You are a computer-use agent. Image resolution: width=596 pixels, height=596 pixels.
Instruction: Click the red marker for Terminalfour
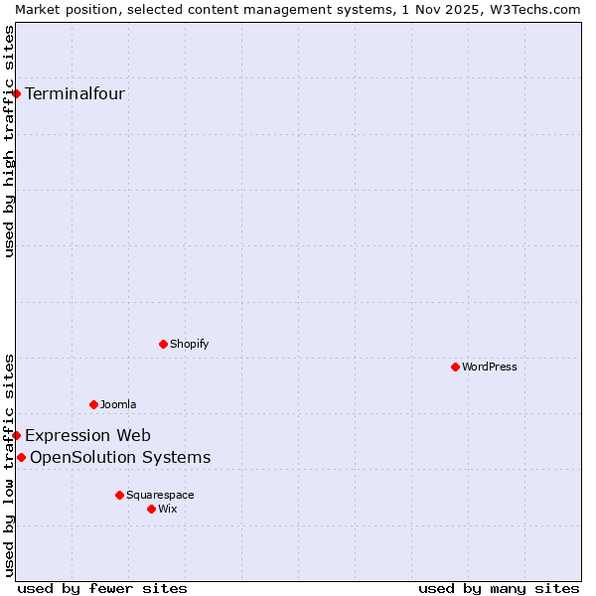pyautogui.click(x=17, y=93)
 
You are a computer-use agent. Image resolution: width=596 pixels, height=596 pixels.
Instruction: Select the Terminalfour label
pyautogui.click(x=74, y=94)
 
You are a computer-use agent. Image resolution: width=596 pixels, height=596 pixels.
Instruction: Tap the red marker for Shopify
pyautogui.click(x=163, y=344)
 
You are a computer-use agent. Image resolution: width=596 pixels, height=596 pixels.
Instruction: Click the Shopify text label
pyautogui.click(x=189, y=344)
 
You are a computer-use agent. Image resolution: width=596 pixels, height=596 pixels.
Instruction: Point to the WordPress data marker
pyautogui.click(x=455, y=367)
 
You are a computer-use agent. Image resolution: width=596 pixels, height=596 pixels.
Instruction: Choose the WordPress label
pyautogui.click(x=489, y=367)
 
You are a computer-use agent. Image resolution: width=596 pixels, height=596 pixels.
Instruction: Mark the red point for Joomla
pyautogui.click(x=93, y=404)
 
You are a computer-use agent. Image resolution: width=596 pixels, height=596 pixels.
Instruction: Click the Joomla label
pyautogui.click(x=118, y=404)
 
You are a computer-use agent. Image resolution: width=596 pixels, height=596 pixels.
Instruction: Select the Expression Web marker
pyautogui.click(x=17, y=435)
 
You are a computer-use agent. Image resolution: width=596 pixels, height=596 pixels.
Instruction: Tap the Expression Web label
pyautogui.click(x=87, y=435)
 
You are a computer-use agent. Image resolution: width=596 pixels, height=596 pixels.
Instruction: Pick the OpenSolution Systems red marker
pyautogui.click(x=21, y=457)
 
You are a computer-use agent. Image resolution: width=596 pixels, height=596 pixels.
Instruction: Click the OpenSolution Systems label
pyautogui.click(x=120, y=457)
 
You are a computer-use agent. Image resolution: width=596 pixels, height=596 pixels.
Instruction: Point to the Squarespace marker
pyautogui.click(x=119, y=495)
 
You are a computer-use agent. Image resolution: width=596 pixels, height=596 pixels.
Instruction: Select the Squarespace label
pyautogui.click(x=160, y=495)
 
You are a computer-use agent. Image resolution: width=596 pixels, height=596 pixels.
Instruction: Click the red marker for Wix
pyautogui.click(x=151, y=509)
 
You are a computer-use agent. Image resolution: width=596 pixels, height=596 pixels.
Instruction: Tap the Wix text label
pyautogui.click(x=168, y=509)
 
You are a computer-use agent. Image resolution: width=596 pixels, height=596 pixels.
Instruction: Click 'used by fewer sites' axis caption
pyautogui.click(x=102, y=588)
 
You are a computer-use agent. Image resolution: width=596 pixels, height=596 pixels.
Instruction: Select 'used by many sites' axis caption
pyautogui.click(x=499, y=588)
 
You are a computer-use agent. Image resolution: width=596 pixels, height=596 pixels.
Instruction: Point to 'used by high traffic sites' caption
pyautogui.click(x=9, y=141)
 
